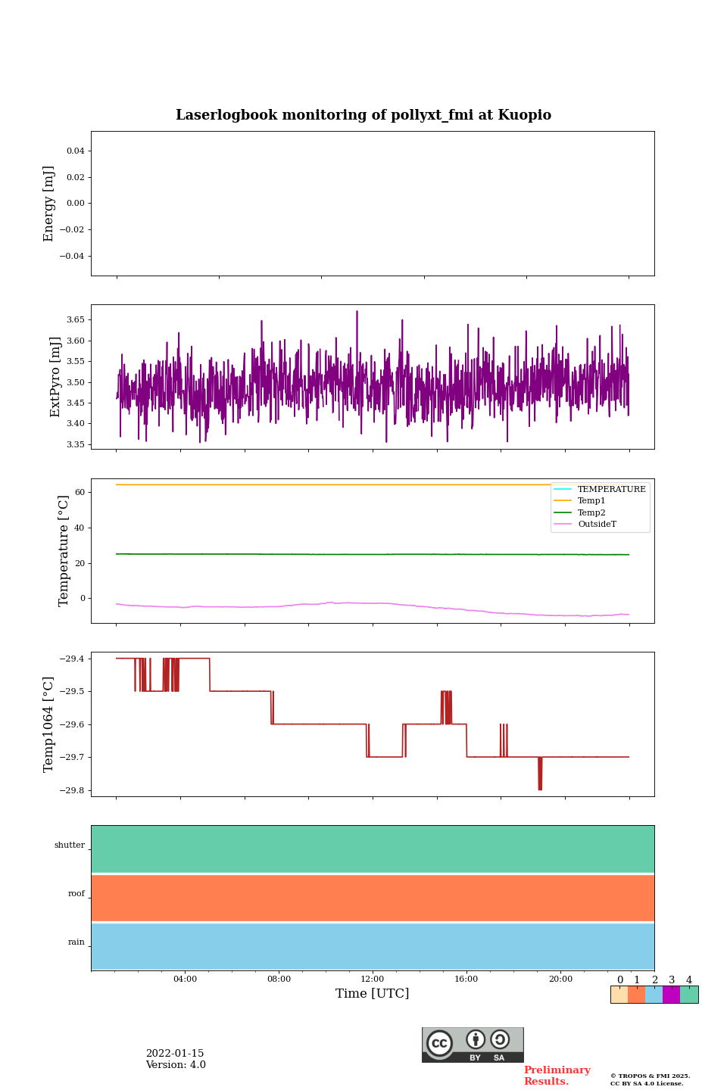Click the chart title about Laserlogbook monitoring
(363, 115)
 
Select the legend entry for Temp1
(591, 501)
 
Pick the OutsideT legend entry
(597, 525)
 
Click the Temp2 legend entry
(591, 513)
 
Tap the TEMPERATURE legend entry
(611, 490)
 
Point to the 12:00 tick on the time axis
(373, 979)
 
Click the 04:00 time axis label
(185, 979)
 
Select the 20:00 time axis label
(560, 979)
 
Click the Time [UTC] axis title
(373, 994)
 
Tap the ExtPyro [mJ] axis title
(55, 377)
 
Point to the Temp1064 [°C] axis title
(49, 724)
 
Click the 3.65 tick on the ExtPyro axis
(76, 320)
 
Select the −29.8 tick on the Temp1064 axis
(73, 790)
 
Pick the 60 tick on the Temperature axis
(80, 492)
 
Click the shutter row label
(70, 846)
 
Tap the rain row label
(76, 942)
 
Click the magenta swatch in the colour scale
(671, 995)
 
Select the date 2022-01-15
(175, 1054)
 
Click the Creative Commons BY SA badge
(473, 1045)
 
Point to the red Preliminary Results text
(557, 1076)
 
